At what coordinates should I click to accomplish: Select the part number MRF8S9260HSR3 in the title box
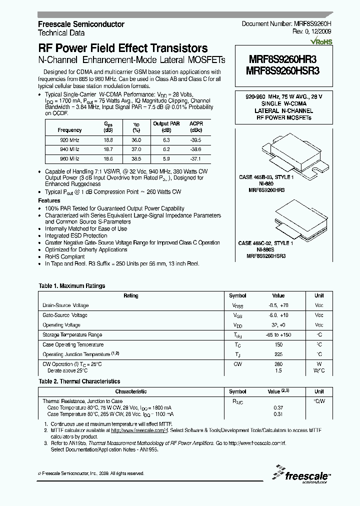(283, 71)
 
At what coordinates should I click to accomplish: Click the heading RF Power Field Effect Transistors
(123, 48)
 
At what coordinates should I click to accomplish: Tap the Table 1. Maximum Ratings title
(72, 286)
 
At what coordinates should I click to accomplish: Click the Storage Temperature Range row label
(72, 335)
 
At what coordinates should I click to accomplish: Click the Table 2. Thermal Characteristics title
(79, 381)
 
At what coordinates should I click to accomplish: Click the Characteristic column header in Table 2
(131, 392)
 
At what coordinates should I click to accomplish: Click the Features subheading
(49, 200)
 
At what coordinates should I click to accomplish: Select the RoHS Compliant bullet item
(65, 256)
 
